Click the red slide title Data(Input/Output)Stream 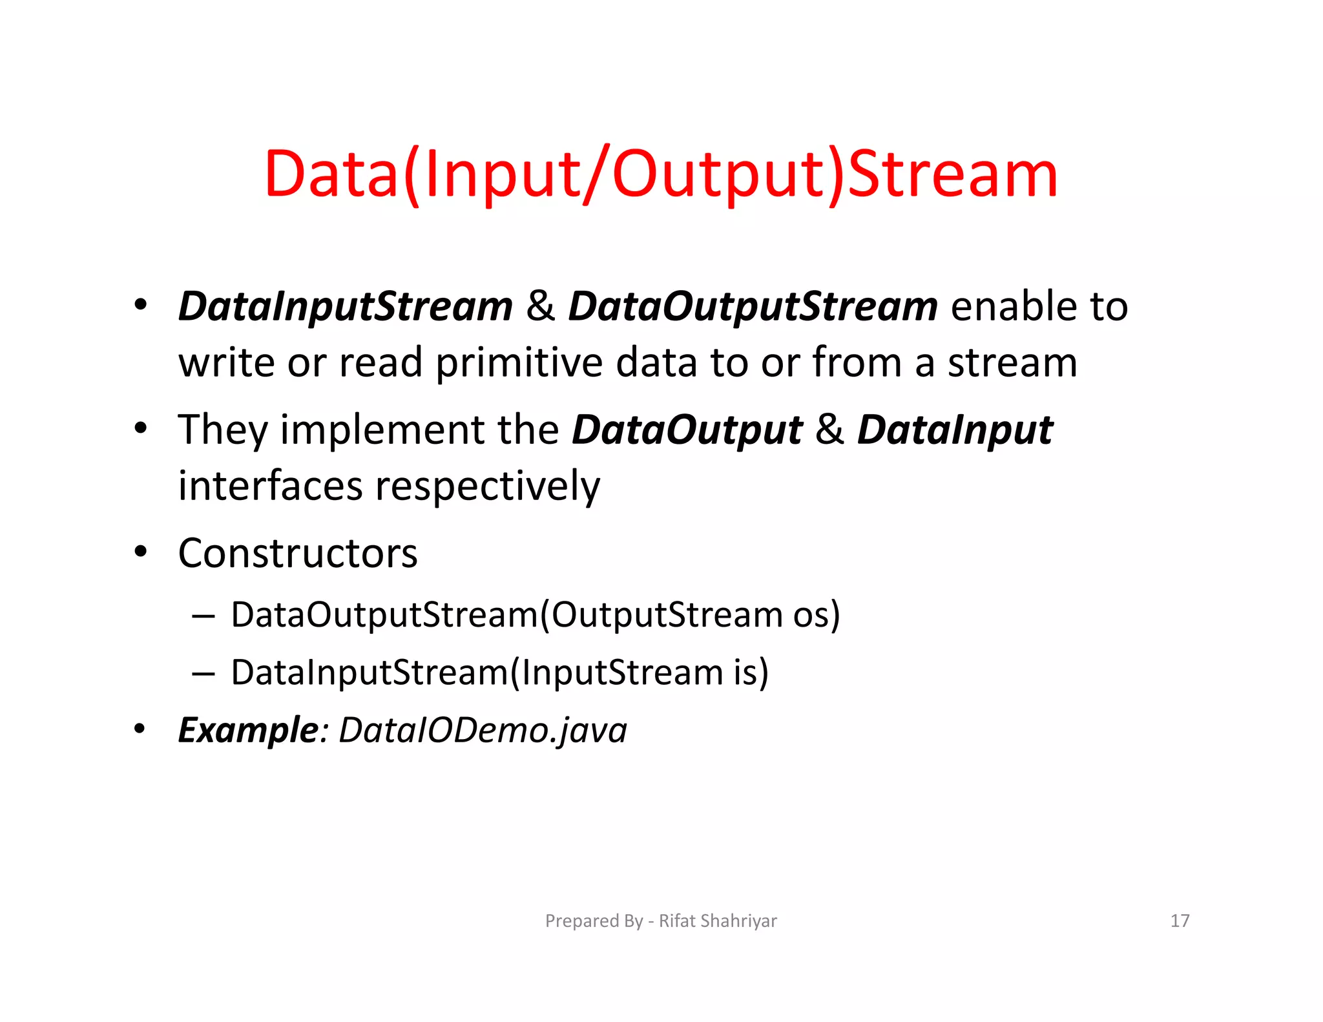click(x=660, y=174)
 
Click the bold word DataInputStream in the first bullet click(x=346, y=306)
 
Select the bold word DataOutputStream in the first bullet click(x=753, y=306)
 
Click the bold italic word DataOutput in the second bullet click(x=687, y=430)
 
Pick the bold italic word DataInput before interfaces click(x=955, y=430)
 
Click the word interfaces click(x=270, y=486)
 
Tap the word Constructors click(x=298, y=554)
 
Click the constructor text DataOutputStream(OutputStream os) click(x=536, y=614)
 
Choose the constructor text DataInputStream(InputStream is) click(x=499, y=673)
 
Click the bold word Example click(x=248, y=731)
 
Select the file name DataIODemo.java click(x=483, y=731)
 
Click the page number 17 click(x=1180, y=921)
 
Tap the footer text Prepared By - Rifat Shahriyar click(x=661, y=921)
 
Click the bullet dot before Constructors click(x=140, y=552)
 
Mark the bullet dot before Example click(x=140, y=729)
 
